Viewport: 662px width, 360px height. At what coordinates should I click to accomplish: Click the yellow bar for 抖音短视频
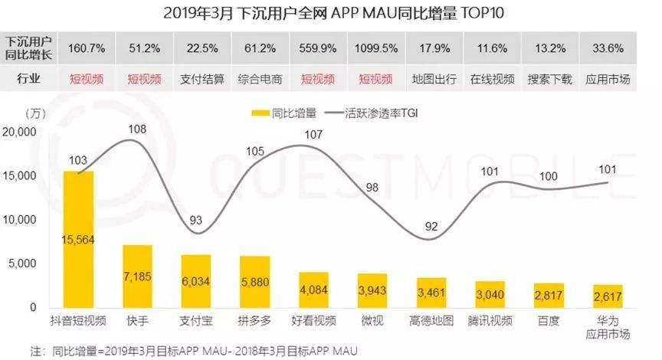click(78, 239)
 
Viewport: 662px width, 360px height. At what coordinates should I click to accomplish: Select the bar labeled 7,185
click(137, 276)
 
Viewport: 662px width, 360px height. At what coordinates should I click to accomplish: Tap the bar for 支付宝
click(196, 280)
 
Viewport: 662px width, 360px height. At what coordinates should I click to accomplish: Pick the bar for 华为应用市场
click(608, 296)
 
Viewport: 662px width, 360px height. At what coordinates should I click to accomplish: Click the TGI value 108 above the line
click(137, 129)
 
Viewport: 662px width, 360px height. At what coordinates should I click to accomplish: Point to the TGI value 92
click(431, 226)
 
